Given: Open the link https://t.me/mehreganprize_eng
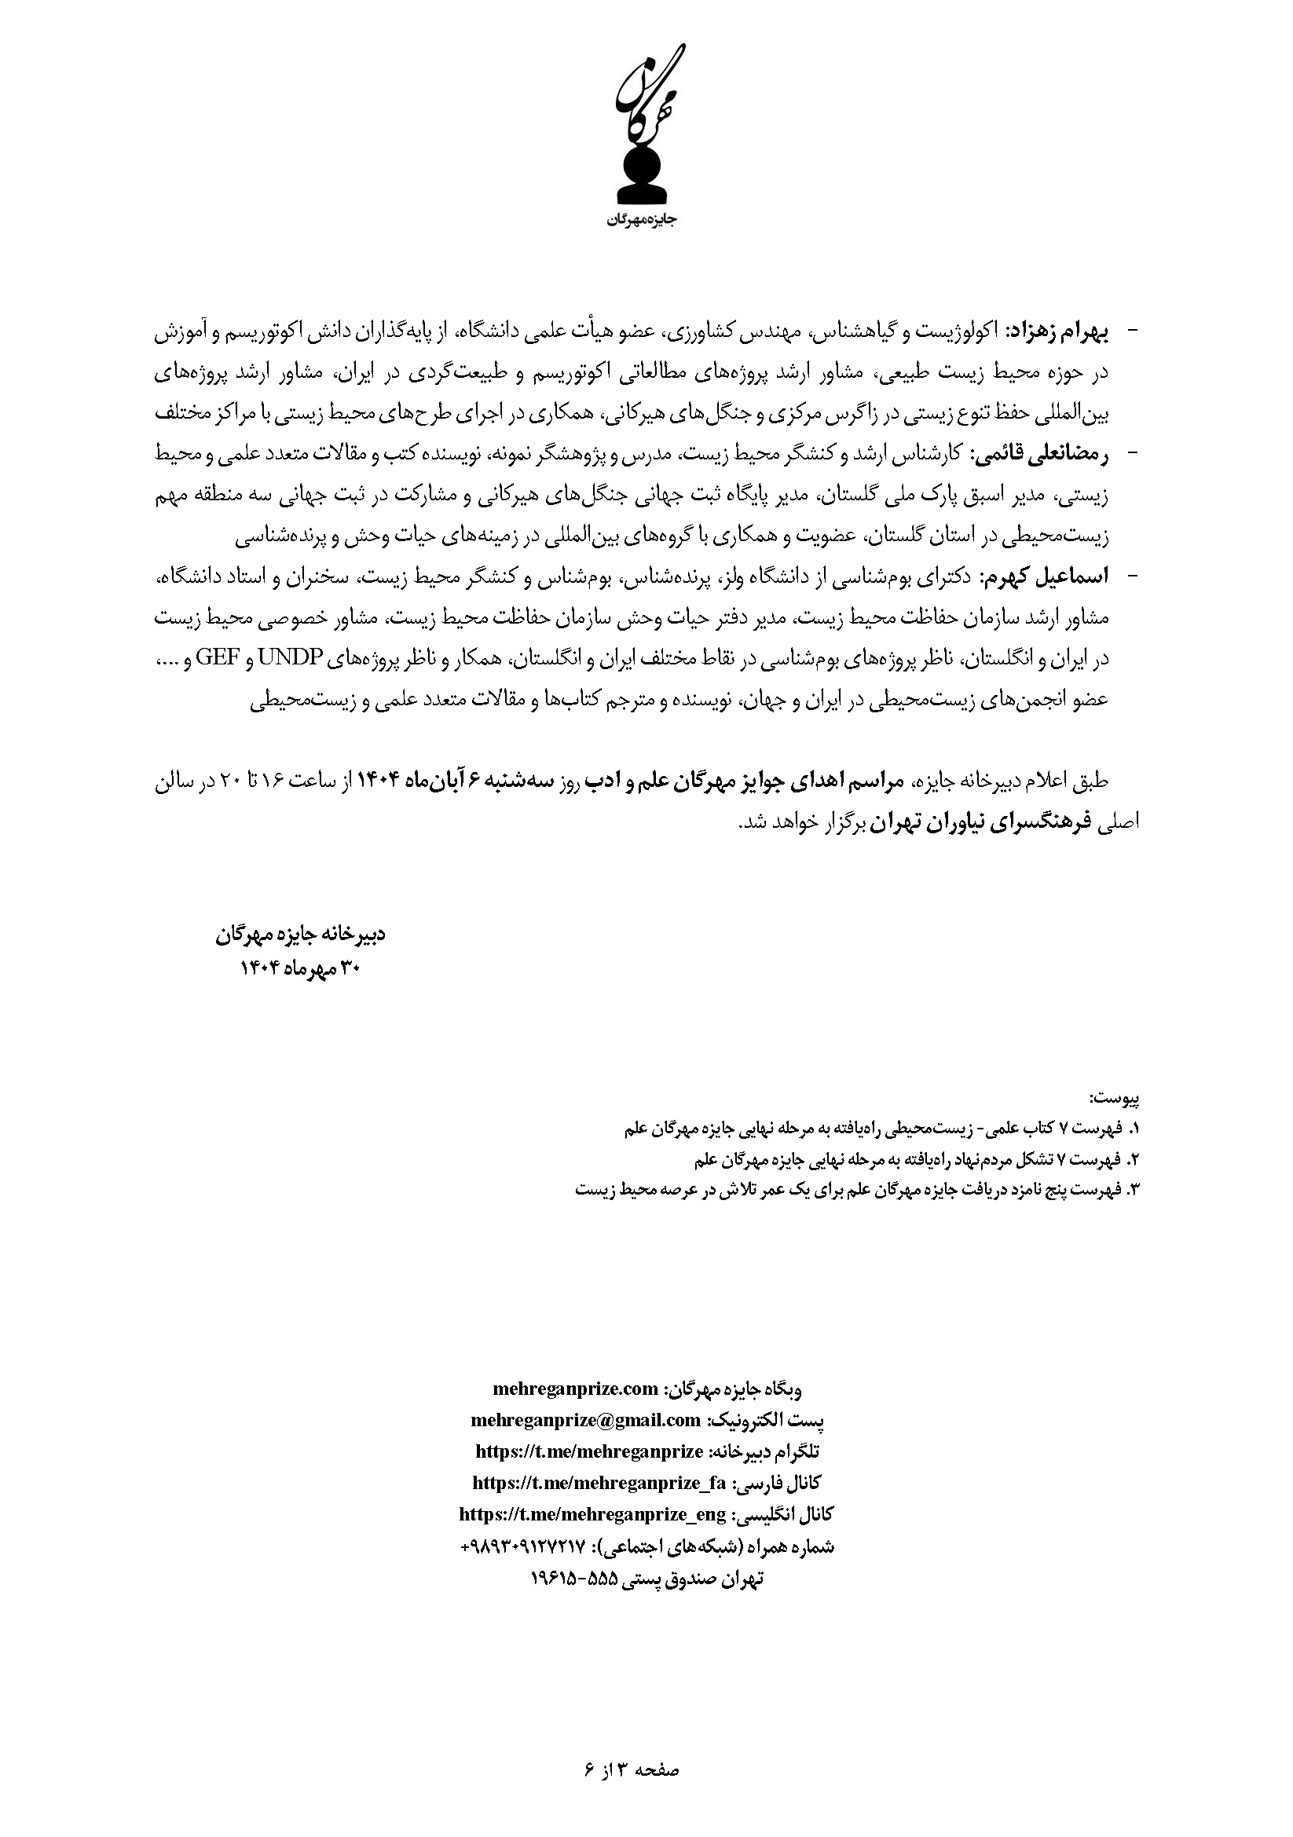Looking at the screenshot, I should click(x=593, y=1514).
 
